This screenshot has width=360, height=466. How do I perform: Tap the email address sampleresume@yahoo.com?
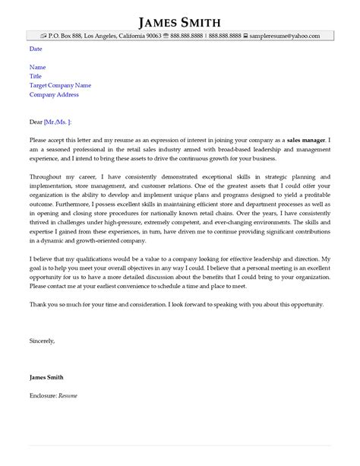pyautogui.click(x=287, y=36)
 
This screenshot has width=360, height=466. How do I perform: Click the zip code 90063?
pyautogui.click(x=154, y=36)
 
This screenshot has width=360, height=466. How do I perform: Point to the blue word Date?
pyautogui.click(x=36, y=49)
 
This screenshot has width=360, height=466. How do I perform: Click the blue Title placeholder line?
pyautogui.click(x=36, y=76)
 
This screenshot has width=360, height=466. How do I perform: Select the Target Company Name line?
pyautogui.click(x=60, y=85)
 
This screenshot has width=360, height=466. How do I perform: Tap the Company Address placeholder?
pyautogui.click(x=53, y=94)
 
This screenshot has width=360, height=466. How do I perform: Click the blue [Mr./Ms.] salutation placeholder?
pyautogui.click(x=58, y=122)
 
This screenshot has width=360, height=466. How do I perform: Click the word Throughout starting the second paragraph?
pyautogui.click(x=47, y=177)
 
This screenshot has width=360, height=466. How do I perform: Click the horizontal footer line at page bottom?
pyautogui.click(x=180, y=446)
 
